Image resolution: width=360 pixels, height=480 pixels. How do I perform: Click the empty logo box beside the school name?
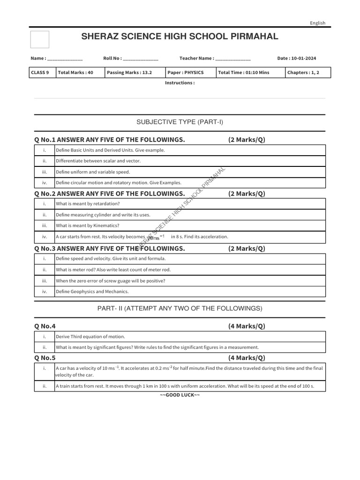pyautogui.click(x=40, y=39)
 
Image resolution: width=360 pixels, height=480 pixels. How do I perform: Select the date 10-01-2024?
pyautogui.click(x=303, y=59)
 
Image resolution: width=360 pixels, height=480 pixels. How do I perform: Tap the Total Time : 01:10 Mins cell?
pyautogui.click(x=244, y=73)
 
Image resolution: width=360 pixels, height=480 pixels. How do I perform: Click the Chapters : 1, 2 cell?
pyautogui.click(x=301, y=73)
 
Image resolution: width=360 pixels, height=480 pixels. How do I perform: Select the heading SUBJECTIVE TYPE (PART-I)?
pyautogui.click(x=180, y=122)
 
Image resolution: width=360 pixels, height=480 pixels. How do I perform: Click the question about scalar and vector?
pyautogui.click(x=98, y=161)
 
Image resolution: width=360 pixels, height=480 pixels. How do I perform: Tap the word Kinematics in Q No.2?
pyautogui.click(x=102, y=225)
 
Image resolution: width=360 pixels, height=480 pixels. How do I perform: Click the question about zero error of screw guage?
pyautogui.click(x=110, y=281)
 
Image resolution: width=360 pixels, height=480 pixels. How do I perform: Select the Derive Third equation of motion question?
pyautogui.click(x=90, y=337)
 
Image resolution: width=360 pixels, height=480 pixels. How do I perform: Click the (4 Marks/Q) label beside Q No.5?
pyautogui.click(x=247, y=358)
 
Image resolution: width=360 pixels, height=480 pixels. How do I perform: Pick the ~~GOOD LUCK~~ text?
pyautogui.click(x=180, y=395)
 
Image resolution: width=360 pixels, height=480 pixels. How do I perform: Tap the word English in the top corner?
pyautogui.click(x=317, y=23)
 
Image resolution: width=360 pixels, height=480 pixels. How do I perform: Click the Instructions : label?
pyautogui.click(x=180, y=83)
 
